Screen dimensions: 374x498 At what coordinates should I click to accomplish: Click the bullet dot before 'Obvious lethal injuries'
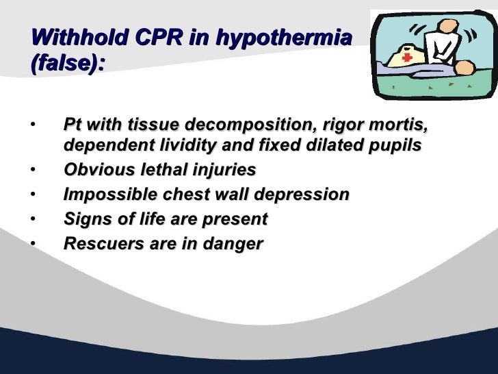[32, 170]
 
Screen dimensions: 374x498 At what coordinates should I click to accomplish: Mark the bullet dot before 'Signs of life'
[32, 219]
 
